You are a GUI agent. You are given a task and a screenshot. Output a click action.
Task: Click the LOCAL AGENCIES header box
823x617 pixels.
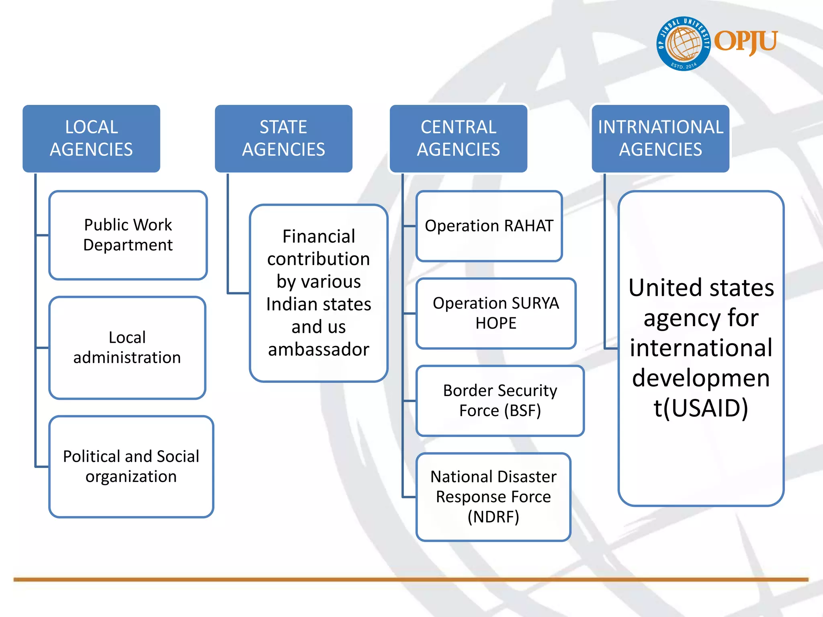click(91, 139)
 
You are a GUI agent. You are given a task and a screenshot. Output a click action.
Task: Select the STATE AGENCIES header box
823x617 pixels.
click(283, 139)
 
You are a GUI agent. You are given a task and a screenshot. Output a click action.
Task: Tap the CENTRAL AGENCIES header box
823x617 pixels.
click(458, 139)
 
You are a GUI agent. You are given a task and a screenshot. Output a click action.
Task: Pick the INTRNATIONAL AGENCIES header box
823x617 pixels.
click(660, 139)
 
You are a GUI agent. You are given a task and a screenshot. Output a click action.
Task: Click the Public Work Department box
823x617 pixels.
click(128, 235)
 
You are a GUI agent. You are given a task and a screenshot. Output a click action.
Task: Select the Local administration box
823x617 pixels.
click(127, 347)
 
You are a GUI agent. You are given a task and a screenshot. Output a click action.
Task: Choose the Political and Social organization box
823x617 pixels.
click(131, 466)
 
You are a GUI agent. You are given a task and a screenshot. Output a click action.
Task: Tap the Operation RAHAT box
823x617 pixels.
click(489, 226)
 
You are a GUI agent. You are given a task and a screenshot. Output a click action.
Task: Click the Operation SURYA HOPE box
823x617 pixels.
click(496, 313)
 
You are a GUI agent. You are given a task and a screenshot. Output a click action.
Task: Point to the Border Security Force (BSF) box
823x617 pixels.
click(500, 400)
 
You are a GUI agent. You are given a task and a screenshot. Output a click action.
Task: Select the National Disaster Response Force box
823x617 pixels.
click(493, 497)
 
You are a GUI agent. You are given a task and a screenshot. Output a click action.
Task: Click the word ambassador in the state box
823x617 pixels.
click(319, 349)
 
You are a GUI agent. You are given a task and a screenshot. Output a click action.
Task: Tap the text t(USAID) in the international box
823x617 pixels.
click(701, 408)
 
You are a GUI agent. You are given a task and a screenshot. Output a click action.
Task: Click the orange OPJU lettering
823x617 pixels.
click(745, 41)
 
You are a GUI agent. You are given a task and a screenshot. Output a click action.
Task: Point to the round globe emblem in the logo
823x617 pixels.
click(684, 43)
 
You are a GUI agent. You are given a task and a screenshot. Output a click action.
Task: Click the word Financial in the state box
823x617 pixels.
click(319, 236)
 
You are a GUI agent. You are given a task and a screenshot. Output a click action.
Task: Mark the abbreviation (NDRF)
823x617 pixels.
click(493, 517)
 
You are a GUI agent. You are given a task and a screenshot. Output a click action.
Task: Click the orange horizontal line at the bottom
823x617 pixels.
click(411, 580)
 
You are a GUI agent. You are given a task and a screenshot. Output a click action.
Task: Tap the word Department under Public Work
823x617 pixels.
click(128, 245)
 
